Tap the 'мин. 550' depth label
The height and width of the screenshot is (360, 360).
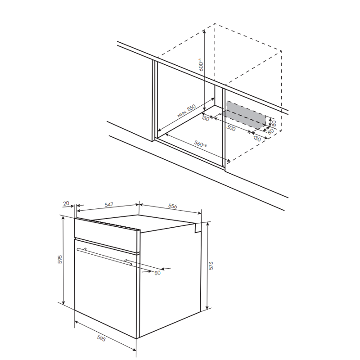point(186,111)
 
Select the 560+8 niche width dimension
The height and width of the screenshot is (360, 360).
point(200,144)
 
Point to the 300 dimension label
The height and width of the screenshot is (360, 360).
point(231,128)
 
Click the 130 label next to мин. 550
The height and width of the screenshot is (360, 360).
point(206,118)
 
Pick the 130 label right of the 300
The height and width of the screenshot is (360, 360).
point(257,139)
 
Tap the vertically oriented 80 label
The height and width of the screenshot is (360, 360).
point(274,123)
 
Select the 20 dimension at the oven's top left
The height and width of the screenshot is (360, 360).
point(66,203)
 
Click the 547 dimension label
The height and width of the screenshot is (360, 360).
point(109,204)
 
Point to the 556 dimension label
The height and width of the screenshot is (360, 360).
point(173,206)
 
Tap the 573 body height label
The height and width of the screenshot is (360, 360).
point(211,265)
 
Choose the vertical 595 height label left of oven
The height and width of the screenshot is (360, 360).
point(60,259)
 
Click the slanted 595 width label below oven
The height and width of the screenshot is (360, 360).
point(101,338)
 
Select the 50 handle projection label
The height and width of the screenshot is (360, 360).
point(157,273)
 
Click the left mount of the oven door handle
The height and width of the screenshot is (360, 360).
point(85,249)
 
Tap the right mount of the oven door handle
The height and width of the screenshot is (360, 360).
point(126,261)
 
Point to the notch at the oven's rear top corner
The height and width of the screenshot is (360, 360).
point(198,228)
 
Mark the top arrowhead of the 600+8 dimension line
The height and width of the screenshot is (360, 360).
point(204,31)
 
